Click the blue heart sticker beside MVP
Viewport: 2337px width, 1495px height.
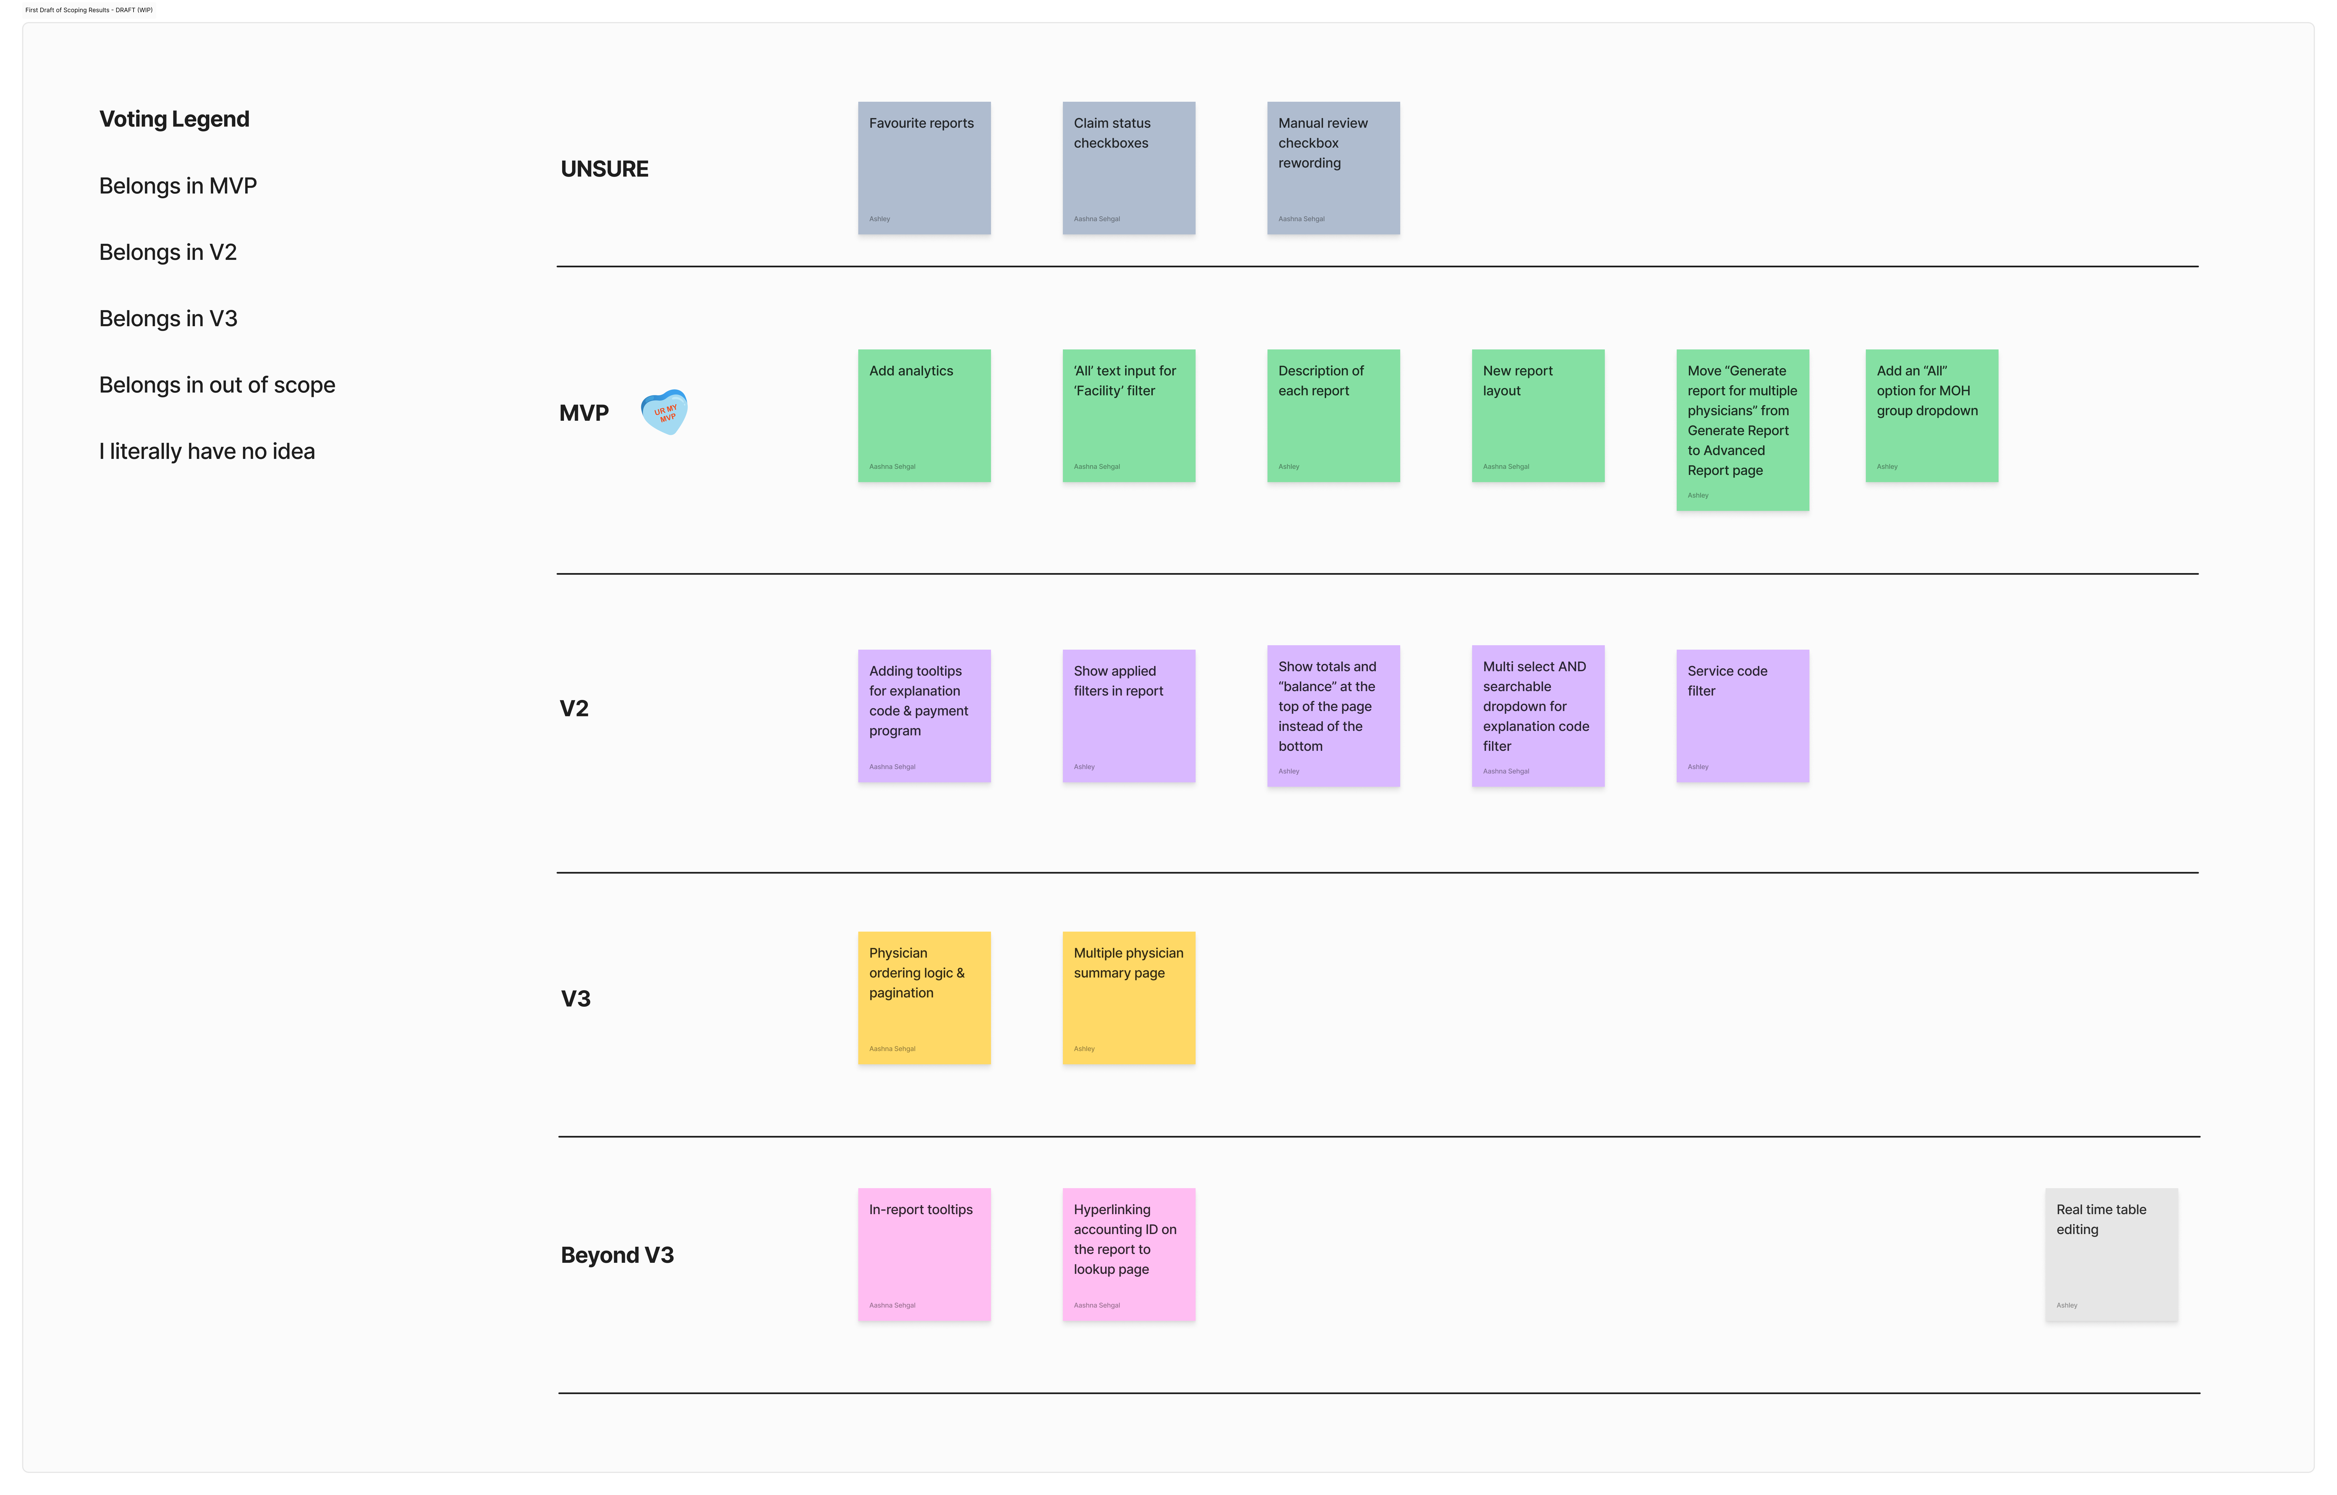pyautogui.click(x=664, y=412)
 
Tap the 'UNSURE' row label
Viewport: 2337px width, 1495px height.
pyautogui.click(x=604, y=169)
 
